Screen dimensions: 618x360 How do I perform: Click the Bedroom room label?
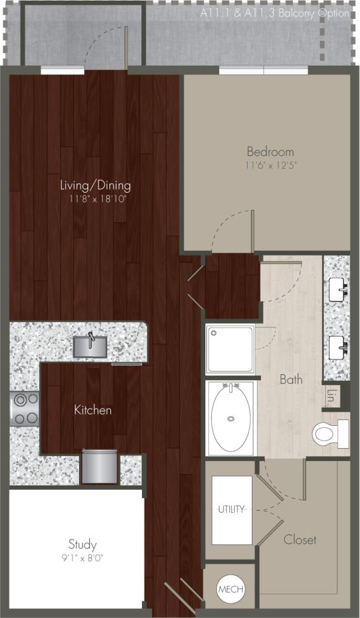coord(270,151)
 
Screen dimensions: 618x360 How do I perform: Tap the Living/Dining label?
coord(96,185)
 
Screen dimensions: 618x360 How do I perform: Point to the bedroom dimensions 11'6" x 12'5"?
coord(270,165)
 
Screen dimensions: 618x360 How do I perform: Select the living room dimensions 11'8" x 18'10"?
coord(96,199)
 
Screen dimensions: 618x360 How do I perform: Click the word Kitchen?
coord(93,410)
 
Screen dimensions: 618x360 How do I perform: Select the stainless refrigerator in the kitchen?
coord(100,466)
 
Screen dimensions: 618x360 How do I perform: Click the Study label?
coord(82,544)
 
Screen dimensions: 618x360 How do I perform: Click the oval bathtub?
coord(230,417)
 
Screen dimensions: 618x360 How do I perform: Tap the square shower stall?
coord(230,349)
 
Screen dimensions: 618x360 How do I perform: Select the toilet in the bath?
coord(328,434)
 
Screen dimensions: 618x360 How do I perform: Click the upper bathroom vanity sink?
coord(338,290)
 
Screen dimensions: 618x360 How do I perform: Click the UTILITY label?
coord(231,509)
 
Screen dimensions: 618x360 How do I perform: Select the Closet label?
coord(300,539)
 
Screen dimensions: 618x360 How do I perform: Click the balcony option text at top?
coord(275,13)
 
